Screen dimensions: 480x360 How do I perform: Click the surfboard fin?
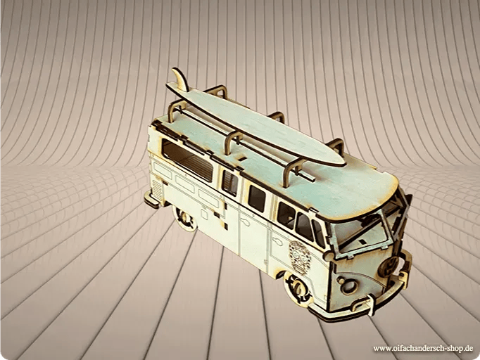(181, 79)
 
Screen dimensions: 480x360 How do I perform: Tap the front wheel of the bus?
(296, 287)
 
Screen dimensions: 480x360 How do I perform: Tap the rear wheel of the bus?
(184, 218)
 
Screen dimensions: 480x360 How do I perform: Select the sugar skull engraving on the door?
(299, 257)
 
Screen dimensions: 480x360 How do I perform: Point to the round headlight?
(348, 285)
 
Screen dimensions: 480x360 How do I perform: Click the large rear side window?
(188, 160)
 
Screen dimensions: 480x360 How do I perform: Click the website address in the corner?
(423, 348)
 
